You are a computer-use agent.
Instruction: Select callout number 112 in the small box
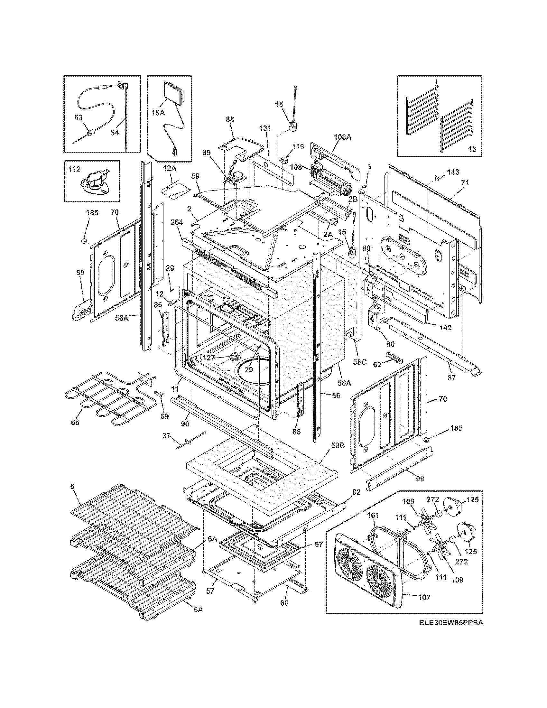click(x=75, y=170)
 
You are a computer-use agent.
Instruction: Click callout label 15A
click(x=158, y=113)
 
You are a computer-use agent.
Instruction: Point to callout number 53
click(x=79, y=117)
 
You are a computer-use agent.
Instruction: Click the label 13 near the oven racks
click(x=472, y=149)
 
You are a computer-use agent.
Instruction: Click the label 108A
click(x=343, y=137)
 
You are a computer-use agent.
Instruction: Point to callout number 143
click(x=453, y=172)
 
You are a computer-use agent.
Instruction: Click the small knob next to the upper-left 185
click(x=84, y=240)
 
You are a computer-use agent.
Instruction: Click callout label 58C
click(x=360, y=361)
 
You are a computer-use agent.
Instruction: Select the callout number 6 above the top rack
click(x=72, y=495)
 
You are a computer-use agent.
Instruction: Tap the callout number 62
click(x=377, y=364)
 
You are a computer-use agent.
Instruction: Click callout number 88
click(x=229, y=119)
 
